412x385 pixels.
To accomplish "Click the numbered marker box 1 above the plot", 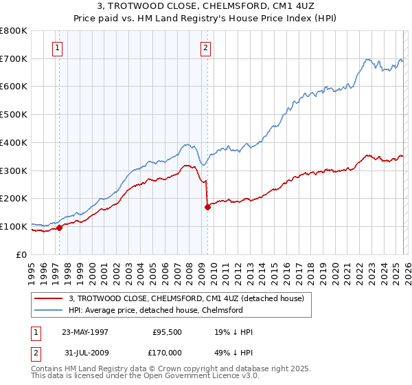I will pos(56,47).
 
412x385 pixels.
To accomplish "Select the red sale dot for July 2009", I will pos(207,206).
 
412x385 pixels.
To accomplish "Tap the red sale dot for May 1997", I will pos(60,228).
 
